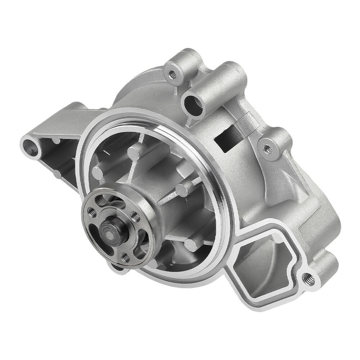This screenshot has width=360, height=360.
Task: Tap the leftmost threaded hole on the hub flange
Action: [93, 212]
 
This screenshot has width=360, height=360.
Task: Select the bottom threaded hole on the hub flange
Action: [125, 257]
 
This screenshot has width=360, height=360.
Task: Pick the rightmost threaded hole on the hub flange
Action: [136, 217]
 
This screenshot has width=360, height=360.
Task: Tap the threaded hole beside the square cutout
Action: [268, 148]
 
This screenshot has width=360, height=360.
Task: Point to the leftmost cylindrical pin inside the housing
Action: [98, 173]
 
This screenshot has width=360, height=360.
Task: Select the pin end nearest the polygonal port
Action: [191, 246]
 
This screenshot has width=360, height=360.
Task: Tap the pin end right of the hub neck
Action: [183, 190]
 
